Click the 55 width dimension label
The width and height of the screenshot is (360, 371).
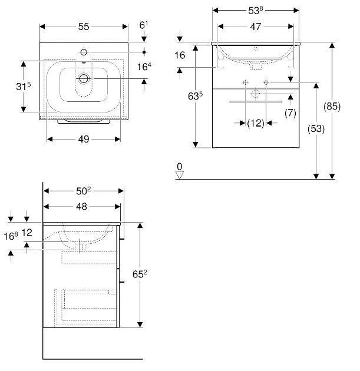pos(84,26)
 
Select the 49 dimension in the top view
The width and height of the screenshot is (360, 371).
pos(84,139)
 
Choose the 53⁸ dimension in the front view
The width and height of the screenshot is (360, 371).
pos(255,11)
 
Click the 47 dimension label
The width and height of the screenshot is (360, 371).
pos(255,26)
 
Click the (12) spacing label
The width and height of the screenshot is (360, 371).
pos(255,122)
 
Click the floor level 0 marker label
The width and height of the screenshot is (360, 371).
pos(180,167)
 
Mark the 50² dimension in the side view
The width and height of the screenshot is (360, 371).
pos(83,190)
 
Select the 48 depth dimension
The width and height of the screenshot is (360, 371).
pos(82,206)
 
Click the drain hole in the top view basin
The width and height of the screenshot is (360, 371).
pos(84,78)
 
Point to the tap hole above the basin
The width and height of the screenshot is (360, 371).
pos(84,51)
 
